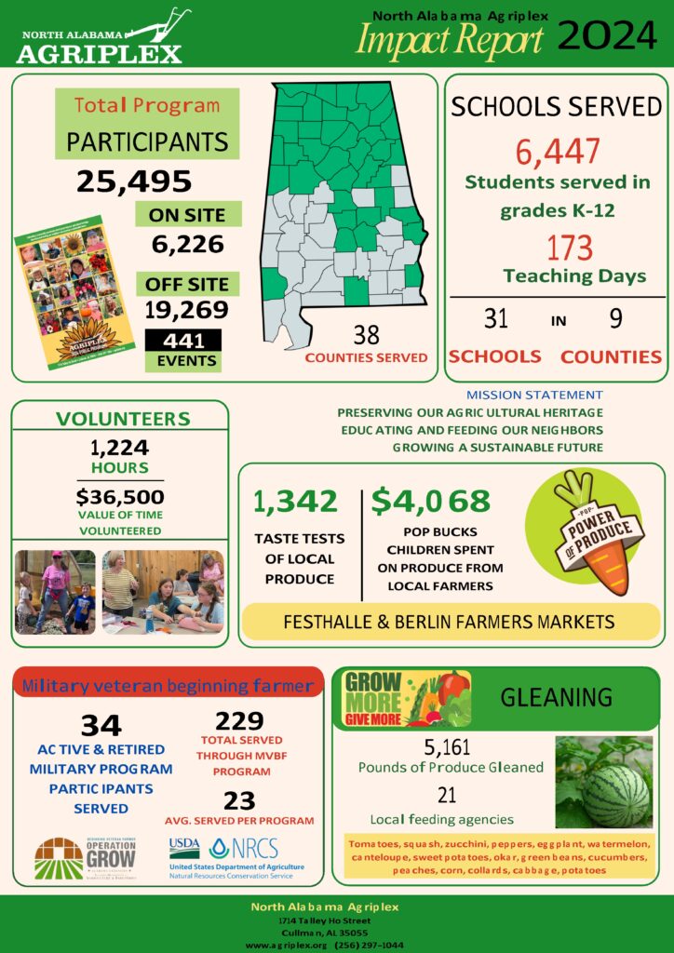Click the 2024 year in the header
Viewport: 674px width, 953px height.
(607, 37)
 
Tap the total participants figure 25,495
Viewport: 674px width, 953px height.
(134, 181)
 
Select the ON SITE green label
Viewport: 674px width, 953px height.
(187, 214)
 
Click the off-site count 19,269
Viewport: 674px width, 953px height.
(186, 309)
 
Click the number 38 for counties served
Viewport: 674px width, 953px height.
(366, 335)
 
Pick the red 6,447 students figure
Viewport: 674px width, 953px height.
(557, 152)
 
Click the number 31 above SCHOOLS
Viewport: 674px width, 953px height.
(496, 319)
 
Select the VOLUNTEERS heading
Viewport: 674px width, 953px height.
(123, 419)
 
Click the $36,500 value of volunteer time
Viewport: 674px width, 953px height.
(120, 496)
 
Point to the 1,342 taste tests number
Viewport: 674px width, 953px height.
(295, 502)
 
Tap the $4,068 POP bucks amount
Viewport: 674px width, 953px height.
(430, 502)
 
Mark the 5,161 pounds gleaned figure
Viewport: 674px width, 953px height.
(447, 746)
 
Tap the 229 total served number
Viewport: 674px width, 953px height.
(239, 721)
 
